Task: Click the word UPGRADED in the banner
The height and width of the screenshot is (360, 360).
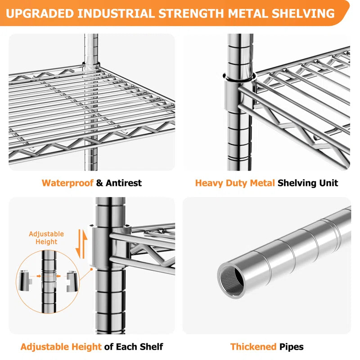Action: (x=40, y=13)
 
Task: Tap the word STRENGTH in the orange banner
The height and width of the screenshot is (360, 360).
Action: (x=191, y=13)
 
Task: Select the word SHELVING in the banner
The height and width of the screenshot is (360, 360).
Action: (x=303, y=13)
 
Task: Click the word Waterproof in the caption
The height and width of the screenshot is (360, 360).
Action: (x=67, y=183)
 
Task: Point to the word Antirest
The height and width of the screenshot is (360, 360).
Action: (x=123, y=183)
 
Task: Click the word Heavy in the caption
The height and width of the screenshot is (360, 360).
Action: (x=209, y=183)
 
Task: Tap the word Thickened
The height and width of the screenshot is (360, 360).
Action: (x=253, y=346)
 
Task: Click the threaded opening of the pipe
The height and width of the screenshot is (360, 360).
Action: (x=231, y=281)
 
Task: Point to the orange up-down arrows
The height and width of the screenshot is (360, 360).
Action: (x=82, y=244)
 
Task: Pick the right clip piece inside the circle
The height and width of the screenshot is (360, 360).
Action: (x=72, y=281)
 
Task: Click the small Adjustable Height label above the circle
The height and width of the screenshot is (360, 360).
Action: (x=46, y=238)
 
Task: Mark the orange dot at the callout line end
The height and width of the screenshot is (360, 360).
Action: (x=91, y=269)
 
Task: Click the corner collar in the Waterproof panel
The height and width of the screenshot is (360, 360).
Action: (x=91, y=66)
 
